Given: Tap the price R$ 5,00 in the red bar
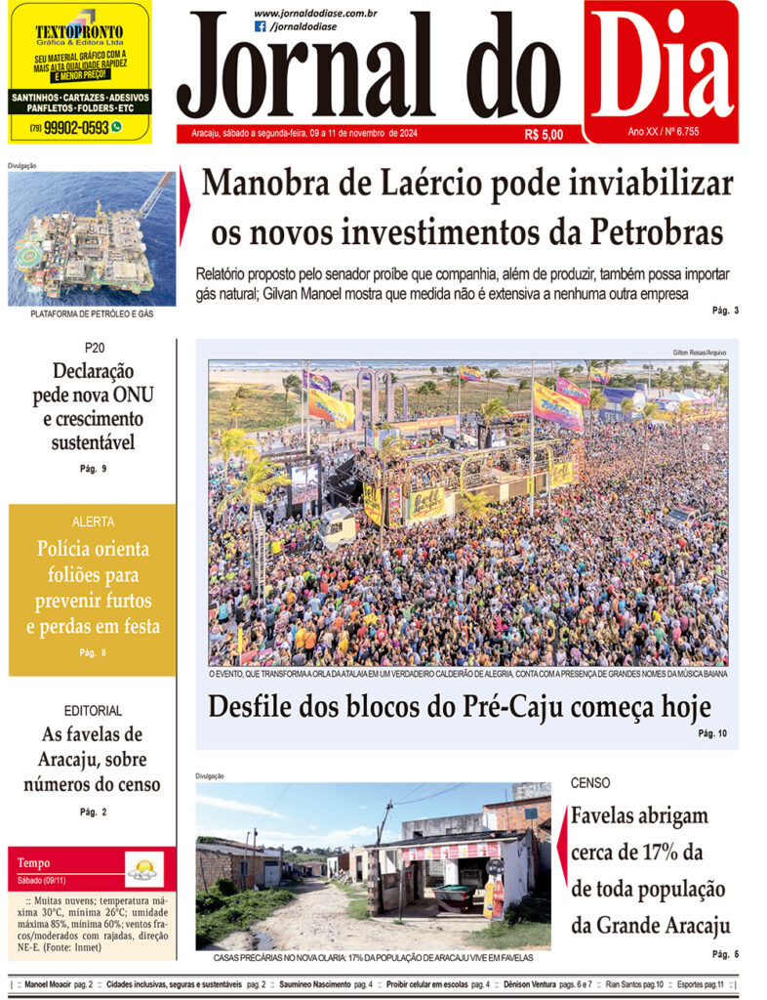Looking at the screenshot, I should click(x=544, y=135).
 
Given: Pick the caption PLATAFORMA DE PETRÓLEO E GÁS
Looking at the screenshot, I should click(x=92, y=313).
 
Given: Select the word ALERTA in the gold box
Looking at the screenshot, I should click(x=93, y=521).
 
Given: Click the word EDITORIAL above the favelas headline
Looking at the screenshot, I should click(x=93, y=711).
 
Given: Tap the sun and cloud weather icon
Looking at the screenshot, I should click(x=144, y=867).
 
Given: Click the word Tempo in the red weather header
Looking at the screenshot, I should click(x=33, y=863).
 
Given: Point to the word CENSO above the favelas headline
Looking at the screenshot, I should click(x=590, y=783).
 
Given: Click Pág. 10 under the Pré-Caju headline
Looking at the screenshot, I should click(x=712, y=732).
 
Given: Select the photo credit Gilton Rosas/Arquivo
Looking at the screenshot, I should click(x=700, y=353).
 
